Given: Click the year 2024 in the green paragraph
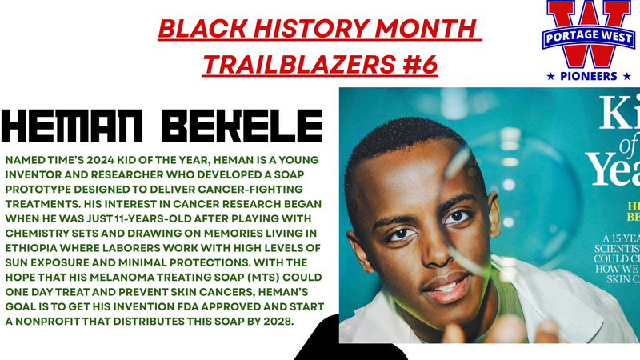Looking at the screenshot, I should coord(105,160).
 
